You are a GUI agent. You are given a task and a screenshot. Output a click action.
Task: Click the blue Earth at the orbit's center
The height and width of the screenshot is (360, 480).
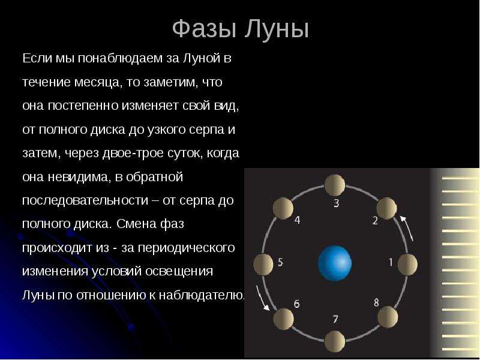(334, 262)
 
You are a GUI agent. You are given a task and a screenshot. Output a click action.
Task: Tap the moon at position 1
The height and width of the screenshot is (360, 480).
(407, 263)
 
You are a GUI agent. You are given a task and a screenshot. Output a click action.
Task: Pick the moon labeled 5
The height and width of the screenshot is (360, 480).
(263, 263)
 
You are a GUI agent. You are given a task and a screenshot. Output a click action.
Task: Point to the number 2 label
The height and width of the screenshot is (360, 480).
(375, 221)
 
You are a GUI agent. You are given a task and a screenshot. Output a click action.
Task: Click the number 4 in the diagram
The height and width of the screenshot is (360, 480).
(296, 220)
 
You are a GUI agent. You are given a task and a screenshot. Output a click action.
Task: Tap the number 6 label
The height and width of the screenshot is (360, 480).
(296, 304)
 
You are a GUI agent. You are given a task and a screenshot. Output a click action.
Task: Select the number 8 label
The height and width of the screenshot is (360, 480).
(376, 302)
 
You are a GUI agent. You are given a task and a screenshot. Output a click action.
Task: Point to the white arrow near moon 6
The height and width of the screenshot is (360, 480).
(263, 298)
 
